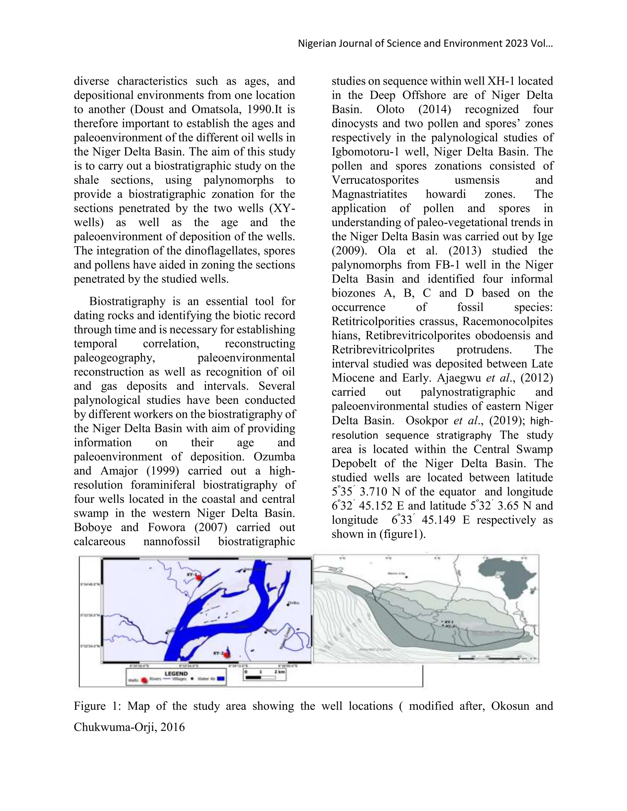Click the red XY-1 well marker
(x=199, y=577)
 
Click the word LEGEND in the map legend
(x=176, y=673)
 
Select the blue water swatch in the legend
(x=221, y=679)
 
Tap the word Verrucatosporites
(x=375, y=180)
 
